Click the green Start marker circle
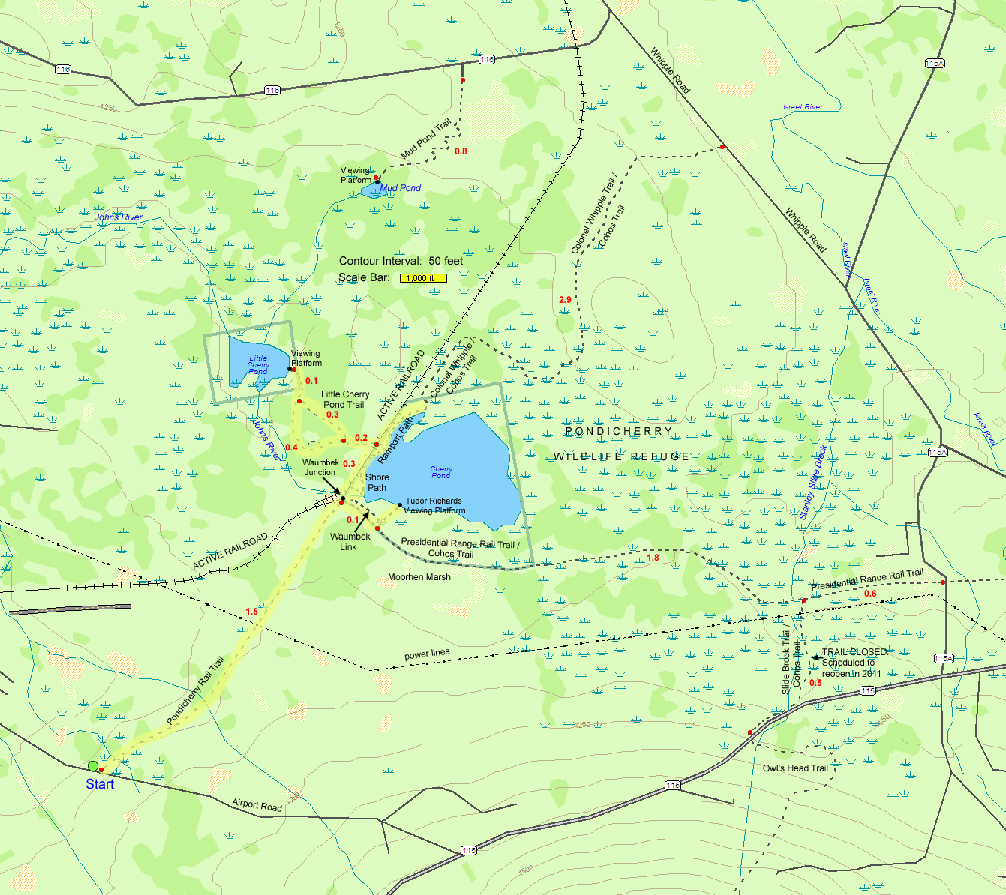pyautogui.click(x=92, y=765)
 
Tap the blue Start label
pyautogui.click(x=100, y=784)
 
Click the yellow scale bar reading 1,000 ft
pyautogui.click(x=423, y=278)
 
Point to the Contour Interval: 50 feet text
pyautogui.click(x=401, y=261)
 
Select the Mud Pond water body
pyautogui.click(x=371, y=191)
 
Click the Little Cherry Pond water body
pyautogui.click(x=254, y=361)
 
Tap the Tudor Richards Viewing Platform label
pyautogui.click(x=434, y=506)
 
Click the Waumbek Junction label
pyautogui.click(x=320, y=468)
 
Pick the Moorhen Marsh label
pyautogui.click(x=419, y=577)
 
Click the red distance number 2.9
pyautogui.click(x=565, y=300)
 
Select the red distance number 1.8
pyautogui.click(x=653, y=558)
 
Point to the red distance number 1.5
pyautogui.click(x=251, y=612)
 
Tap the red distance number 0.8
pyautogui.click(x=461, y=151)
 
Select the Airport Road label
pyautogui.click(x=257, y=805)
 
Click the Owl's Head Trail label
pyautogui.click(x=795, y=768)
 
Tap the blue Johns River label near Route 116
pyautogui.click(x=119, y=217)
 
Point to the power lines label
pyautogui.click(x=427, y=654)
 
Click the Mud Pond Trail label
pyautogui.click(x=425, y=139)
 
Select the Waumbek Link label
pyautogui.click(x=350, y=542)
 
